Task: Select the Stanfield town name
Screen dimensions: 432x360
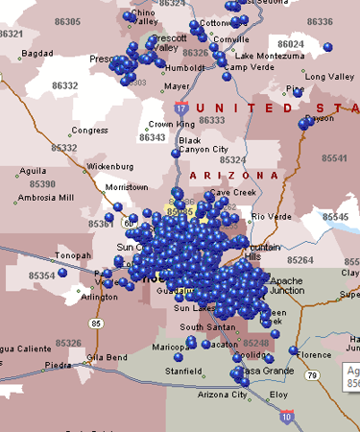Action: pos(182,370)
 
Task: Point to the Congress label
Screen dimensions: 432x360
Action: pos(89,130)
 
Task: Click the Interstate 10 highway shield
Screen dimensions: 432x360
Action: pos(288,417)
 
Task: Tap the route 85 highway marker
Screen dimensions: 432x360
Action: pos(96,324)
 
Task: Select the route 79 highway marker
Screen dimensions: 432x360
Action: pos(313,374)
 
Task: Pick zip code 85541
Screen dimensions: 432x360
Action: pos(335,157)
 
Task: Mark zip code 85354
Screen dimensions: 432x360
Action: pos(42,276)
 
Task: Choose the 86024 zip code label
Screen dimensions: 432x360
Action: pos(290,44)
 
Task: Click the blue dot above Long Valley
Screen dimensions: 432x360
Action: pos(327,46)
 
